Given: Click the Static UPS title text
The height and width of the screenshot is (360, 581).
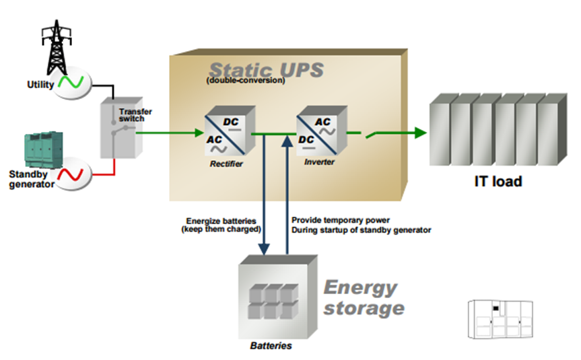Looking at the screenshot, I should (265, 70).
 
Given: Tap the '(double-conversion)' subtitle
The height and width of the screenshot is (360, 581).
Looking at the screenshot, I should (246, 82).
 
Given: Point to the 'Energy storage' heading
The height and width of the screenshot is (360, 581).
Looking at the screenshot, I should (364, 298).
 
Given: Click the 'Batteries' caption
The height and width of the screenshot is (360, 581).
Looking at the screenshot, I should (271, 346).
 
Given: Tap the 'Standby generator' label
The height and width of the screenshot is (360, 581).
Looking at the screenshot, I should (31, 180).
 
